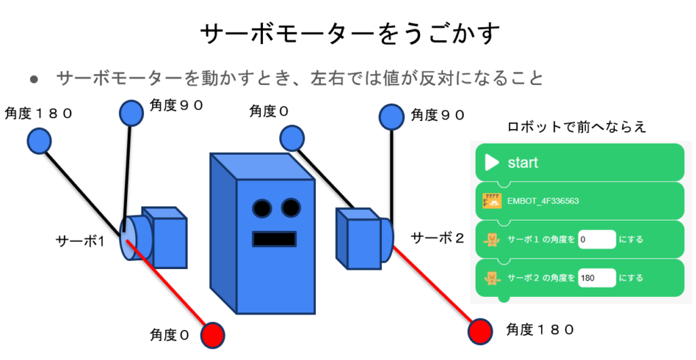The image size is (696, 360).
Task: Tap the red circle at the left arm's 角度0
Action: (x=212, y=334)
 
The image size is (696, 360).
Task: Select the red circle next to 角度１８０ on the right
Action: (x=481, y=331)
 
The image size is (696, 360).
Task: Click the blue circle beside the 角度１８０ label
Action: (x=40, y=141)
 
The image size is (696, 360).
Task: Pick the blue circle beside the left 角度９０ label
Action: (x=132, y=113)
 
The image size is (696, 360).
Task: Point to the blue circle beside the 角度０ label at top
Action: (x=292, y=139)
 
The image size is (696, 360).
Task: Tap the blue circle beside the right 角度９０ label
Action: (x=391, y=116)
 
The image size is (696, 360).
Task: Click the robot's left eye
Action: (x=262, y=206)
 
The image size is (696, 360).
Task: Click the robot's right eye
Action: (x=290, y=206)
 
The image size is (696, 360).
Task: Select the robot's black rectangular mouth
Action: (x=275, y=239)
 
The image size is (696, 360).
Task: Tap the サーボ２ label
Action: (x=438, y=238)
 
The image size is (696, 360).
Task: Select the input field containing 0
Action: (x=596, y=240)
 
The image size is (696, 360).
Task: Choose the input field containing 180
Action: (x=596, y=277)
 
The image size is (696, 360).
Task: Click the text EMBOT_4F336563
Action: (x=543, y=201)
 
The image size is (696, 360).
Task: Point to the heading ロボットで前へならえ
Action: (x=576, y=127)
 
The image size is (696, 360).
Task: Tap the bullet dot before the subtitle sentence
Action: (x=34, y=79)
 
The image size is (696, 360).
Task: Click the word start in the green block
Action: (x=523, y=162)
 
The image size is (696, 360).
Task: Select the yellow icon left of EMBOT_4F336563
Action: (x=491, y=201)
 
